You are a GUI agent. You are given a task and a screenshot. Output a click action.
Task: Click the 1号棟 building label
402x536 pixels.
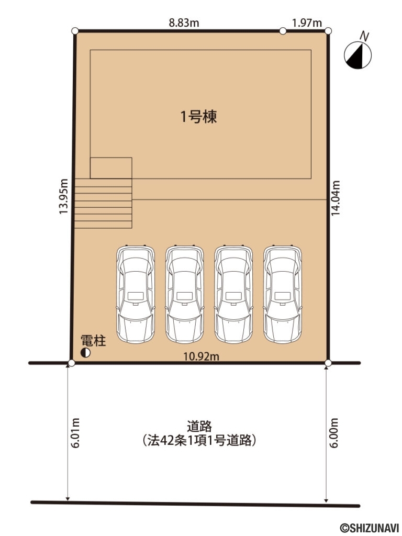point(199,117)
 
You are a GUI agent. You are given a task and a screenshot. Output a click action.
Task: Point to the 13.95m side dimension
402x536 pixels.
point(63,196)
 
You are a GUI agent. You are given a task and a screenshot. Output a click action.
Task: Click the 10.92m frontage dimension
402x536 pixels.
point(201,356)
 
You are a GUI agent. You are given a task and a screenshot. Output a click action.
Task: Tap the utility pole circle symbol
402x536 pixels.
point(85,353)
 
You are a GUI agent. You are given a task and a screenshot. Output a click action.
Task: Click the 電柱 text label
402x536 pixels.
point(93,342)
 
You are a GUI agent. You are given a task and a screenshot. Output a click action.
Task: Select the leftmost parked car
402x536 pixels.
point(136,294)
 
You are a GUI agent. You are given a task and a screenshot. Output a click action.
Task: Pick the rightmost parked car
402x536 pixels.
point(283,294)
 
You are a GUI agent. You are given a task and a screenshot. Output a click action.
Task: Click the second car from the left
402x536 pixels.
point(184,294)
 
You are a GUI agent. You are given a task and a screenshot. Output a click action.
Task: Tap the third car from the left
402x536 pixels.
point(233,294)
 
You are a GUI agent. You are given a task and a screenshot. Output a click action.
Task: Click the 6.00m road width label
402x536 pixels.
point(336,433)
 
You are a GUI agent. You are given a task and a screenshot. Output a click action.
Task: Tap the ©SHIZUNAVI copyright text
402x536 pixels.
point(370,528)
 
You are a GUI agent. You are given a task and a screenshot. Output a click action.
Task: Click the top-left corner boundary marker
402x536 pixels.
point(75,31)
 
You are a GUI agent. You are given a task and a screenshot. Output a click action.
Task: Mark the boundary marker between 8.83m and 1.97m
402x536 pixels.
point(283,31)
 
